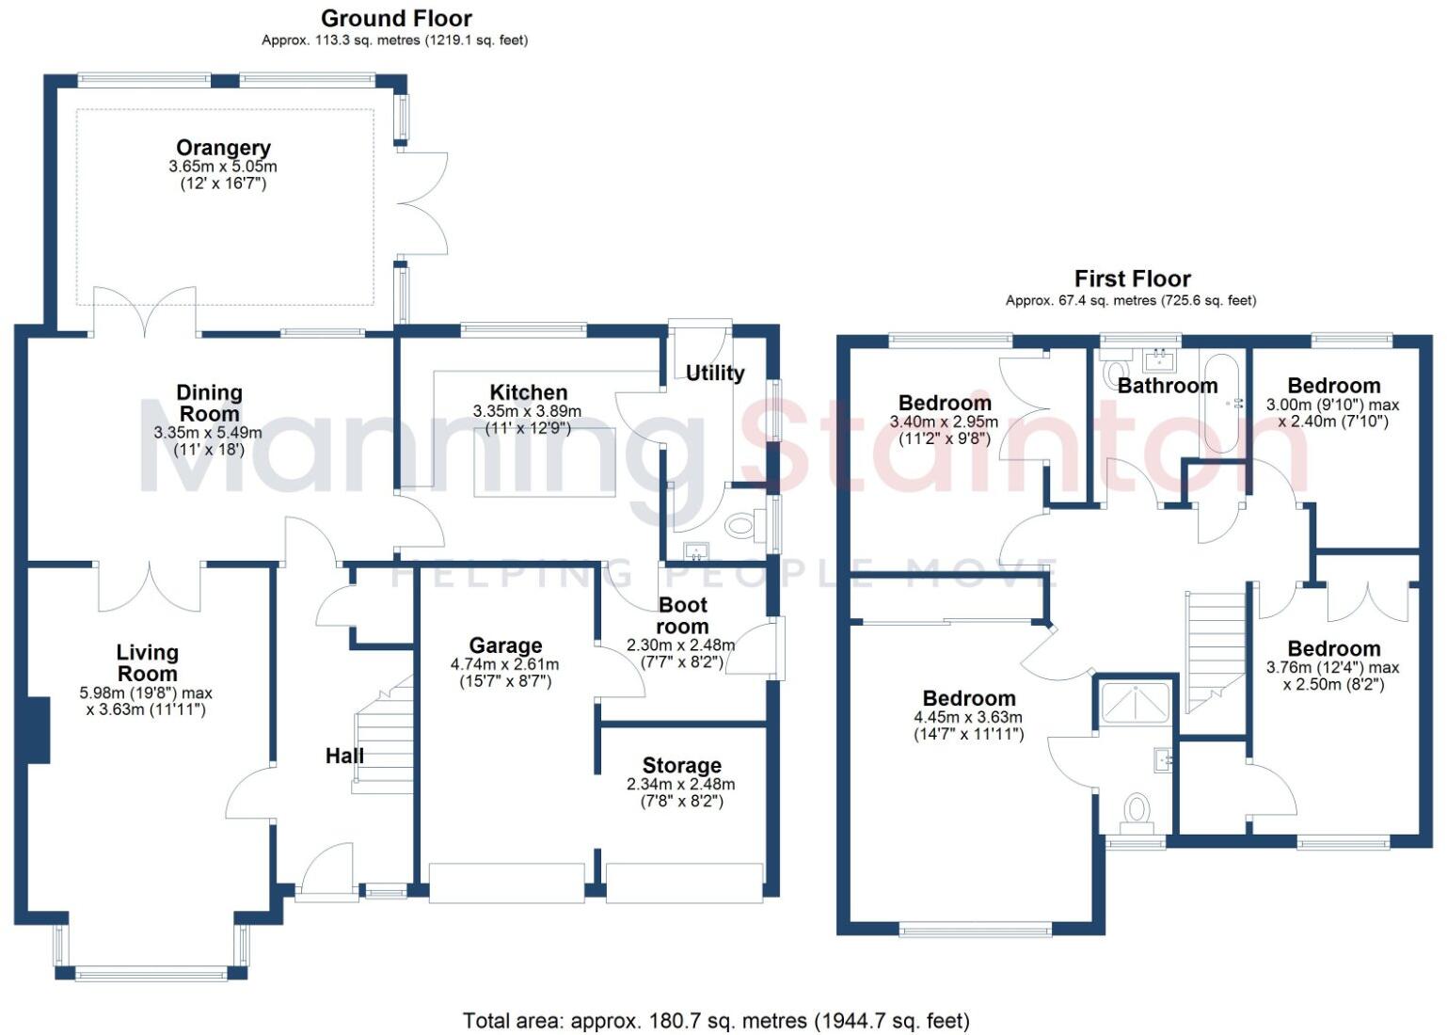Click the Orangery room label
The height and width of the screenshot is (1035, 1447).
(223, 148)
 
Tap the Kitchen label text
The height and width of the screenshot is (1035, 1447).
(528, 392)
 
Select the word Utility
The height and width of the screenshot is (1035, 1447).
(715, 373)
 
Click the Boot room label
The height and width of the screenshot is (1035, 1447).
(682, 615)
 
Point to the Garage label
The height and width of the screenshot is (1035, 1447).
(505, 645)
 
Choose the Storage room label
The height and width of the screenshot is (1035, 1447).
(681, 765)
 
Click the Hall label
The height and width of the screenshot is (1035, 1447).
(344, 755)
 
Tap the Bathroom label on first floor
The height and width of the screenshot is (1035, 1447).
(1168, 386)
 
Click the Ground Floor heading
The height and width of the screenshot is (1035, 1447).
(396, 18)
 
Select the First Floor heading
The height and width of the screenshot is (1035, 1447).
(1132, 279)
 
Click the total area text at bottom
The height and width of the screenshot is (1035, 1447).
(716, 1020)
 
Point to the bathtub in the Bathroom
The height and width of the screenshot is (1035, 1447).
(1223, 404)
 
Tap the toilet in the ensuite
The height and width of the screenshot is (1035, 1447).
(1137, 811)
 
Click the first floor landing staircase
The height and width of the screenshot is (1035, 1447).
(1215, 649)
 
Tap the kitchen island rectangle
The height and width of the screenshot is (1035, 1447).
(545, 461)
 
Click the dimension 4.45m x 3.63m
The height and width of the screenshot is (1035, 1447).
(968, 717)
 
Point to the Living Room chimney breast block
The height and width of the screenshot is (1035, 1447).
(38, 730)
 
